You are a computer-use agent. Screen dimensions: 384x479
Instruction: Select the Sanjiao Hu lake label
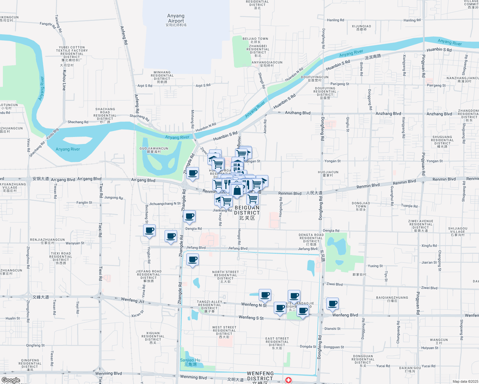tap(190, 362)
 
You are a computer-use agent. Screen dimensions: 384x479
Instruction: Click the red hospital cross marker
tap(288, 380)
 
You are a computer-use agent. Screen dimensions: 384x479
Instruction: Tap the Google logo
tap(11, 380)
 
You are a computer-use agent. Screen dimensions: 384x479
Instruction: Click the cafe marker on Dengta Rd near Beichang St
tap(150, 230)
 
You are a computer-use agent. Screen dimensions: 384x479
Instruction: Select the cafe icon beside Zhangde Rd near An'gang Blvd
tap(193, 173)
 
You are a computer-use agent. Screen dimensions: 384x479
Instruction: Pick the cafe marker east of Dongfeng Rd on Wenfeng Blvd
tap(333, 303)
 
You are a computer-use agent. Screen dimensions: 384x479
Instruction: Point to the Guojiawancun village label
tap(154, 150)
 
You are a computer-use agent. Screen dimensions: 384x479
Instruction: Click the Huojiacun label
tap(328, 173)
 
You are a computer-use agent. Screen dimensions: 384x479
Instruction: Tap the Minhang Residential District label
tap(162, 77)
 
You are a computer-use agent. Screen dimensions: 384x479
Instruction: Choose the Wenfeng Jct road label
tap(133, 300)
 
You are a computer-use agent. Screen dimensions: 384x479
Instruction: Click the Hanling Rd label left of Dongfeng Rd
tap(336, 20)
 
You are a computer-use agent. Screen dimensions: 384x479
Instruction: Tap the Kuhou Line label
tap(64, 80)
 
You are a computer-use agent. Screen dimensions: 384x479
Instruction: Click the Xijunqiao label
tap(361, 28)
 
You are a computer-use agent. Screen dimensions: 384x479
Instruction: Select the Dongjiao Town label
tap(361, 206)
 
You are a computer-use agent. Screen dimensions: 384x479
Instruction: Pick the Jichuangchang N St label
tap(165, 204)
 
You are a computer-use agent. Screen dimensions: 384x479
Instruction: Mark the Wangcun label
tap(439, 341)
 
